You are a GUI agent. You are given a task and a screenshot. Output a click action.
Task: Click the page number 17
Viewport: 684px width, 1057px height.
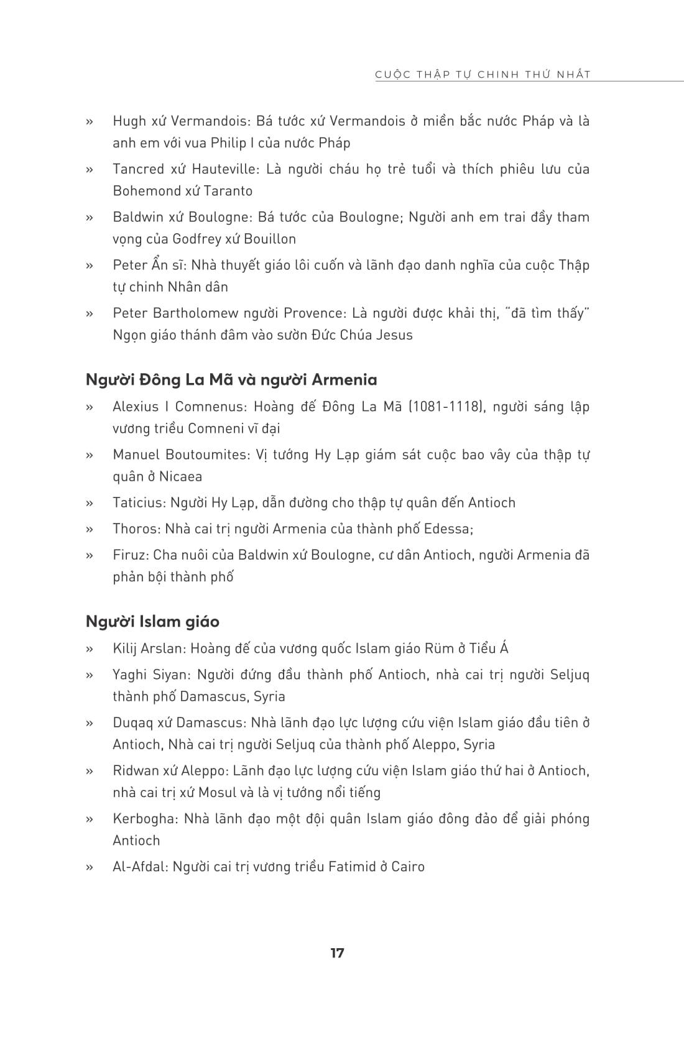[337, 953]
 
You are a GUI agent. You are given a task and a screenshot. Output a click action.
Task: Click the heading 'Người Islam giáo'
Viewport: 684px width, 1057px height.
[152, 621]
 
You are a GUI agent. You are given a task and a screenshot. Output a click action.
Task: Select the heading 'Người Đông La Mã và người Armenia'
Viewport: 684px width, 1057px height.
[231, 379]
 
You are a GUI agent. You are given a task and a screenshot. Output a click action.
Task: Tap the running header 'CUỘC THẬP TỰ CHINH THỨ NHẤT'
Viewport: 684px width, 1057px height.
[483, 75]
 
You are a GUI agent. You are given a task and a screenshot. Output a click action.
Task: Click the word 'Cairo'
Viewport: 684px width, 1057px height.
[408, 866]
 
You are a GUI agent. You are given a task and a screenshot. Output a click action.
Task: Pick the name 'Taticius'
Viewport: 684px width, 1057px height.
[138, 502]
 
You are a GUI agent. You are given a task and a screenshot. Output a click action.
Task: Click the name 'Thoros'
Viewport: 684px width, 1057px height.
[135, 528]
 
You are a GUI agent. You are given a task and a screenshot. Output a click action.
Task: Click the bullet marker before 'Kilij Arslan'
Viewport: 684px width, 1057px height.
[90, 649]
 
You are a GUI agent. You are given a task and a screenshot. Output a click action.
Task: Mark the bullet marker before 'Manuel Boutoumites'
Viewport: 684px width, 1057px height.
[90, 455]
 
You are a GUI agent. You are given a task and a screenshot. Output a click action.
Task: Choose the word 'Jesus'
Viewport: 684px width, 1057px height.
[394, 335]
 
